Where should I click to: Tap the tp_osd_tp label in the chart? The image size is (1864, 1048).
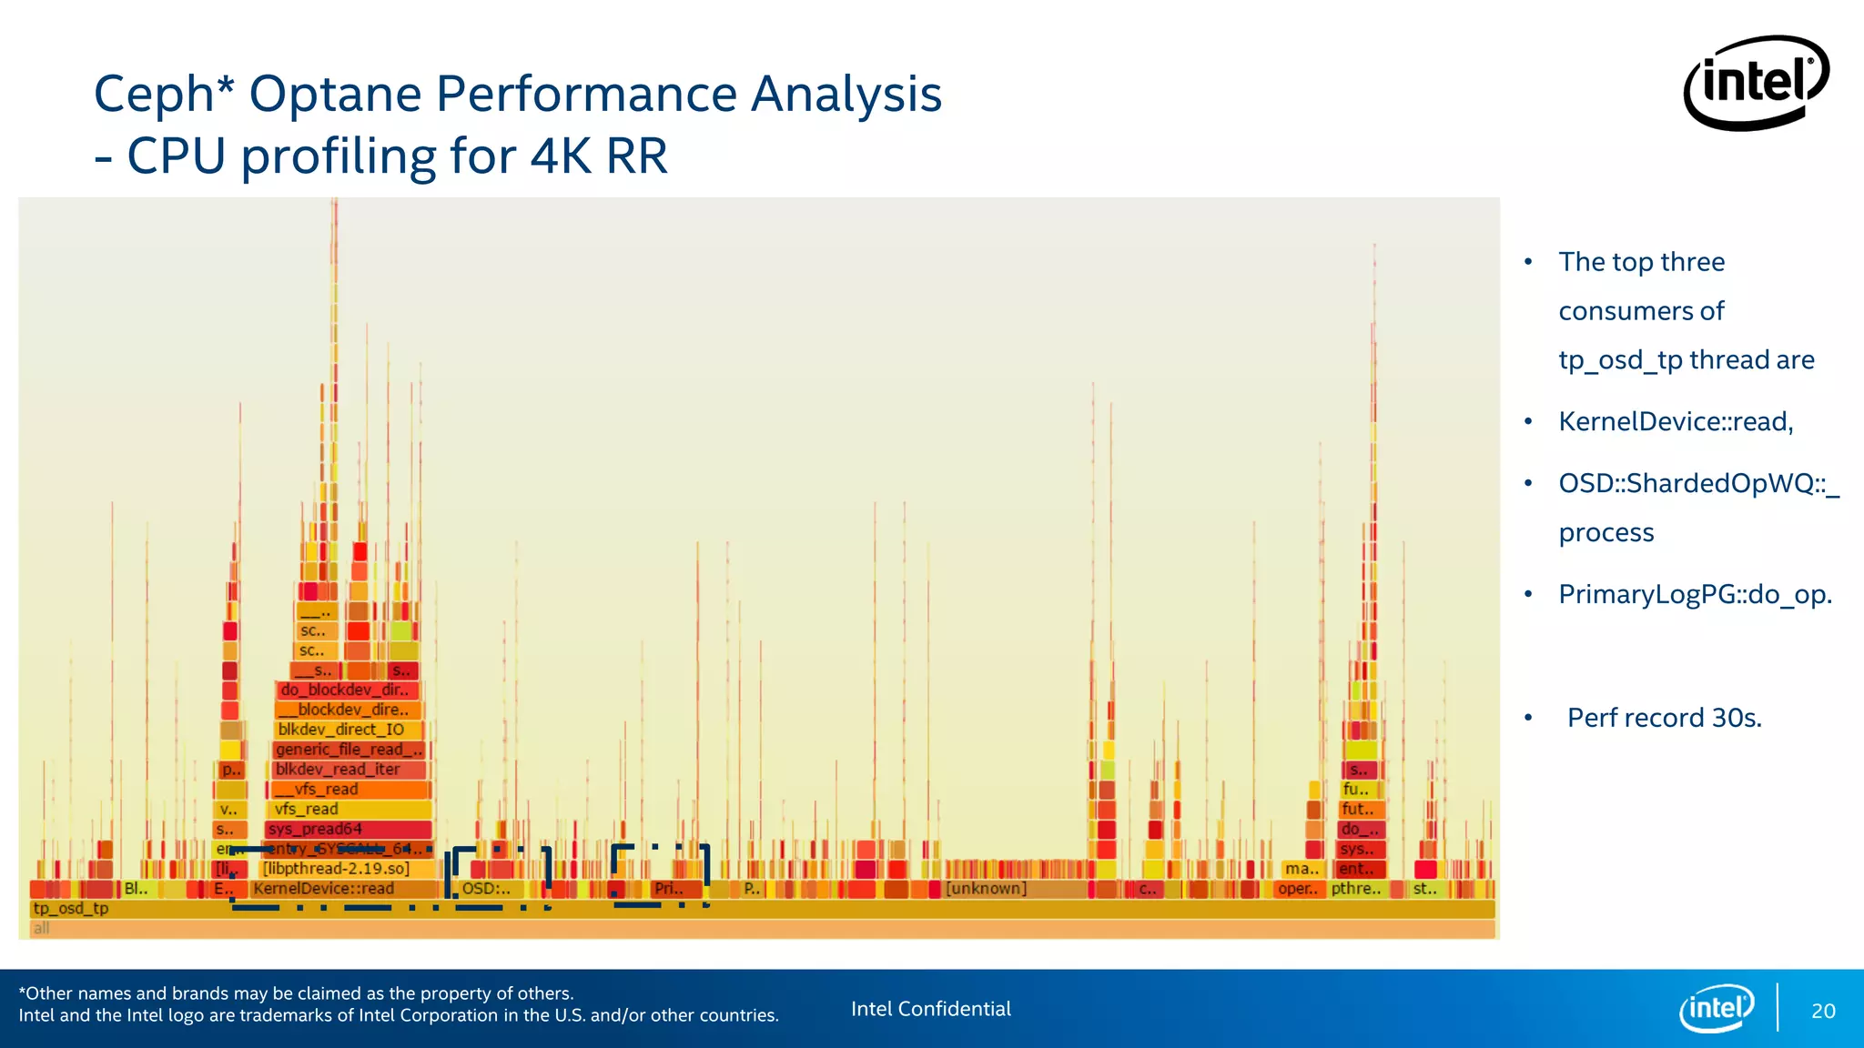(71, 908)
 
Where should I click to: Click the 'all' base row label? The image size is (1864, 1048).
(42, 928)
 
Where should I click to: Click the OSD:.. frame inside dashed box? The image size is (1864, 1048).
(487, 889)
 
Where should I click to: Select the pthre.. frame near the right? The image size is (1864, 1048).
(1356, 889)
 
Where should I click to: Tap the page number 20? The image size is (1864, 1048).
(1823, 1011)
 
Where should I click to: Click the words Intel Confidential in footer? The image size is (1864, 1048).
(930, 1009)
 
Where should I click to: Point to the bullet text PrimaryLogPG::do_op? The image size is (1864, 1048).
(1695, 594)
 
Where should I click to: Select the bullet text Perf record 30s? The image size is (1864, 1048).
(1664, 718)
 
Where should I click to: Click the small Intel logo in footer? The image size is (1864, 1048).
(1717, 1008)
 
